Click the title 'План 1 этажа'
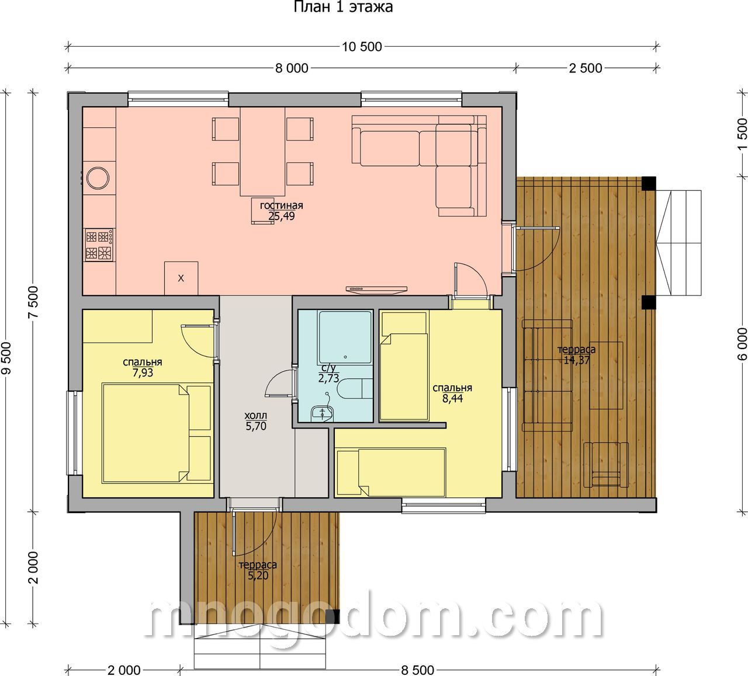click(343, 7)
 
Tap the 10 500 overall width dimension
click(362, 47)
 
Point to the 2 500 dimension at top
click(586, 68)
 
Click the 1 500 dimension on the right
click(742, 134)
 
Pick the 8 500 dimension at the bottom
click(418, 670)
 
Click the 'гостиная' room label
click(281, 205)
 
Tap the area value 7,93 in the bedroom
click(143, 372)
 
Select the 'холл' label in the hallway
click(256, 416)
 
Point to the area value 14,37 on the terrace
click(576, 360)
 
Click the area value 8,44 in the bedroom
click(453, 398)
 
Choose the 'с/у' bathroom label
click(328, 368)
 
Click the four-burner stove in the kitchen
click(99, 245)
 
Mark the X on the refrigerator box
click(181, 278)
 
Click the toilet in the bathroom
click(354, 389)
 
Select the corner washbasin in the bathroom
click(321, 413)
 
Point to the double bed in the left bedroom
click(157, 433)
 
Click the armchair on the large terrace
click(606, 464)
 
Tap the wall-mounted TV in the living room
click(376, 288)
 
